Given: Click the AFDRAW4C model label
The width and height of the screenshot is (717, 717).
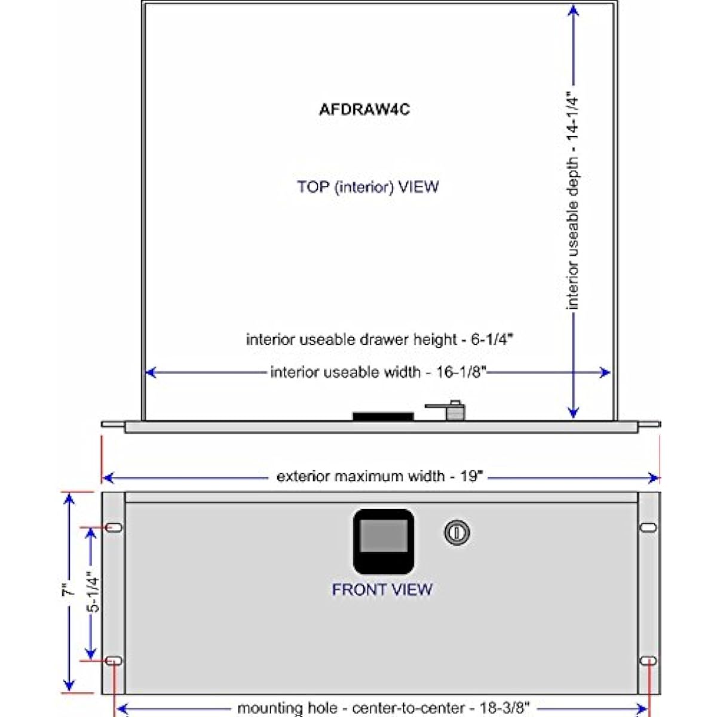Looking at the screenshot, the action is [364, 109].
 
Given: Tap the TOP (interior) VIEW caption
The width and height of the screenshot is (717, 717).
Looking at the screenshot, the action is [367, 187].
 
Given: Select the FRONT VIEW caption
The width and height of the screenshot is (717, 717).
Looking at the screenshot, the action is [382, 589].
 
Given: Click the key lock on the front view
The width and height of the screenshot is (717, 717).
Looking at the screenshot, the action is [457, 532].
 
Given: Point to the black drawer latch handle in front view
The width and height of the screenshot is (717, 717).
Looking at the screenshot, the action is [383, 541].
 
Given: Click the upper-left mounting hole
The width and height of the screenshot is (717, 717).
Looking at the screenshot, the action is [114, 527].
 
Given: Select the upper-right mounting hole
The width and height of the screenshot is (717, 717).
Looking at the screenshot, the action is [648, 527].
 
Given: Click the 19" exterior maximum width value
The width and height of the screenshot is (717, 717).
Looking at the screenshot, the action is [471, 476].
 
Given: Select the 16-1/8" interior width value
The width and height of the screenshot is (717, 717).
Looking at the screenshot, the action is [461, 372].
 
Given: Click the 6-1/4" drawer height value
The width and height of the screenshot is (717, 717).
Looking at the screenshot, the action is [492, 339].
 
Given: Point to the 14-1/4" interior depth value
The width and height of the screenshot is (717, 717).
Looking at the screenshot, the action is [573, 116].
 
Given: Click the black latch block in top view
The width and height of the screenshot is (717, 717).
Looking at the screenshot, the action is [383, 416].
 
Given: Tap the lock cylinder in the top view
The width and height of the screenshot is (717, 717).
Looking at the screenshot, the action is [455, 410].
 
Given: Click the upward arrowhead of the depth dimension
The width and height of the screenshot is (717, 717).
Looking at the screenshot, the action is [574, 10].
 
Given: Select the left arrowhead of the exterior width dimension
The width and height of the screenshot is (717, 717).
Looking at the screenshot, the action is [108, 478].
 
